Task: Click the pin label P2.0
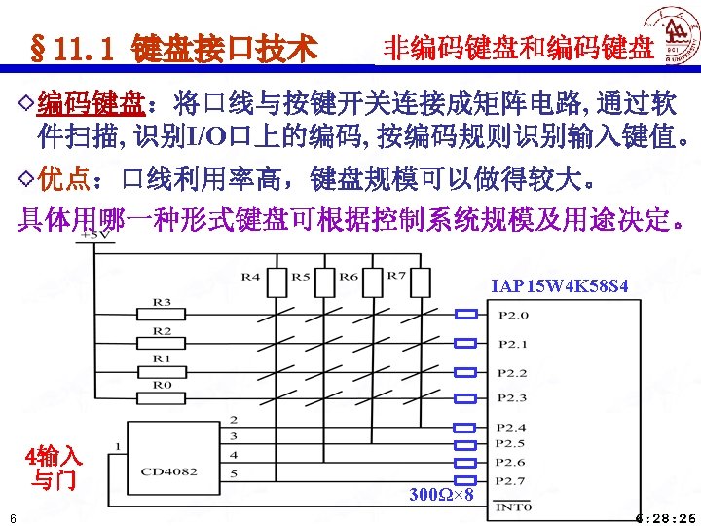point(513,315)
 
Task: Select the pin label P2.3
point(513,398)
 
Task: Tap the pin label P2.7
point(513,480)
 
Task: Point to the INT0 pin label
point(513,506)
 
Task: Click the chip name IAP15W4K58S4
point(560,286)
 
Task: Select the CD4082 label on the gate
point(168,472)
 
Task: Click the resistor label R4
point(251,277)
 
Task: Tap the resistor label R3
point(162,303)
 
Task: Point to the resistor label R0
point(162,385)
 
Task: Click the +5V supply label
point(90,234)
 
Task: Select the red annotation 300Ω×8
point(441,496)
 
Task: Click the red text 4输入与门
point(55,467)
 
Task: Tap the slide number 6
point(8,517)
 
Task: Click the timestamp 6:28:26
point(665,517)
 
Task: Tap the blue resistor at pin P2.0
point(467,315)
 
